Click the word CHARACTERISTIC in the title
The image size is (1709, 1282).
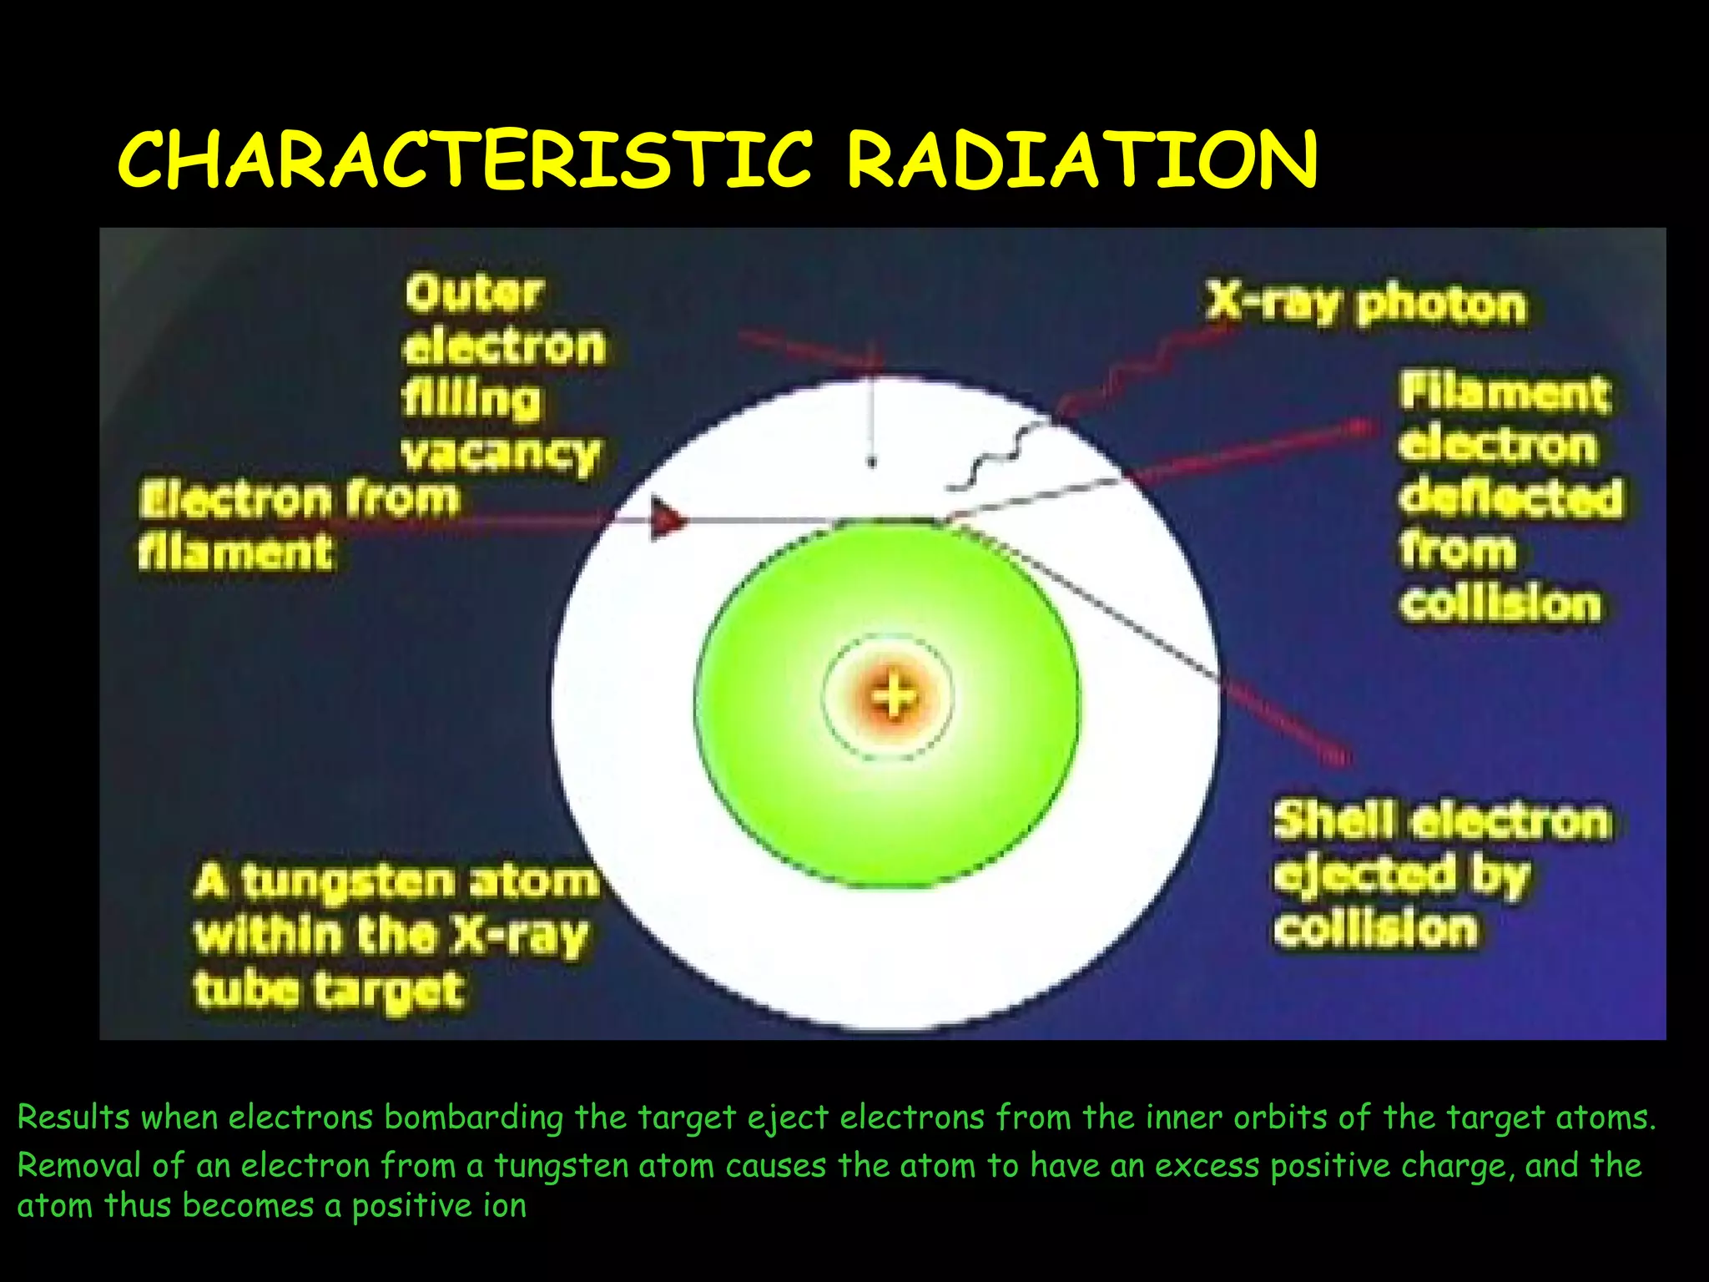tap(464, 159)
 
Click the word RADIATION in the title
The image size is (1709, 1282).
tap(1081, 159)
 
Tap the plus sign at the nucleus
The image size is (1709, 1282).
tap(892, 697)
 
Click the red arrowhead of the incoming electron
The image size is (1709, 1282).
tap(668, 519)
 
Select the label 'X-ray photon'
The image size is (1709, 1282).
tap(1365, 304)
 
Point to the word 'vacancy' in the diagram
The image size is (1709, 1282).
tap(501, 455)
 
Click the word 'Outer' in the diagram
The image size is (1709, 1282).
tap(474, 294)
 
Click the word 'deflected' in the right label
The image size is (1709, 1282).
tap(1510, 498)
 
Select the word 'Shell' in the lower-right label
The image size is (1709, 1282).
tap(1333, 820)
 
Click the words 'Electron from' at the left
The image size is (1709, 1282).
tap(299, 499)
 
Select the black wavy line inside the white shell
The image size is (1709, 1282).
tap(993, 459)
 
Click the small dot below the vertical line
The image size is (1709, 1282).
tap(872, 461)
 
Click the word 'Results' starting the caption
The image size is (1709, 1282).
tap(73, 1118)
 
